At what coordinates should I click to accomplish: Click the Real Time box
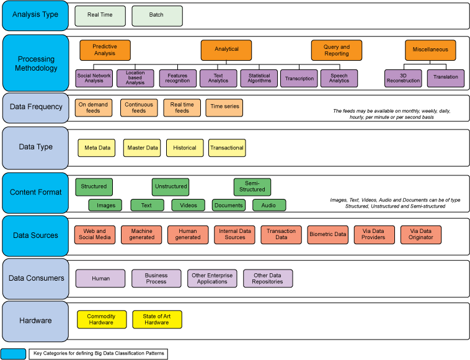pos(100,15)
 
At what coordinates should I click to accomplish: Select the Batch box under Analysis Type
pos(157,15)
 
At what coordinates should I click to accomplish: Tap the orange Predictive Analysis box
pos(105,50)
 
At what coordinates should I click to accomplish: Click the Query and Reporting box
pos(336,50)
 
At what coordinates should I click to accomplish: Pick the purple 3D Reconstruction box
pos(403,77)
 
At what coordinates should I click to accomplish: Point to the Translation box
pos(445,77)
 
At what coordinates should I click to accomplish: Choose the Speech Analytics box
pos(339,77)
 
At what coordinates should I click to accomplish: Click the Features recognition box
pos(177,77)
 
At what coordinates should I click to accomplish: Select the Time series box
pos(224,107)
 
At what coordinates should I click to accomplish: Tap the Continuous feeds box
pos(139,107)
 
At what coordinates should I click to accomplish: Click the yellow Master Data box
pos(142,147)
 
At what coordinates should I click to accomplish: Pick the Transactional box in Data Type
pos(226,147)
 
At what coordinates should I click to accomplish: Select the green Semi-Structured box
pos(252,187)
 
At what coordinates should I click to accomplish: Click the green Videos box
pos(188,205)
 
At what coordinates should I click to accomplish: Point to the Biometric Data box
pos(328,235)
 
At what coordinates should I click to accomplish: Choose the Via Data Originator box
pos(420,235)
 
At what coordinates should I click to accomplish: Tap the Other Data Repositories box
pos(267,278)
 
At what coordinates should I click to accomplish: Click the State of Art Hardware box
pos(157,319)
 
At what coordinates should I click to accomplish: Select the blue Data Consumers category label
pos(35,278)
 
